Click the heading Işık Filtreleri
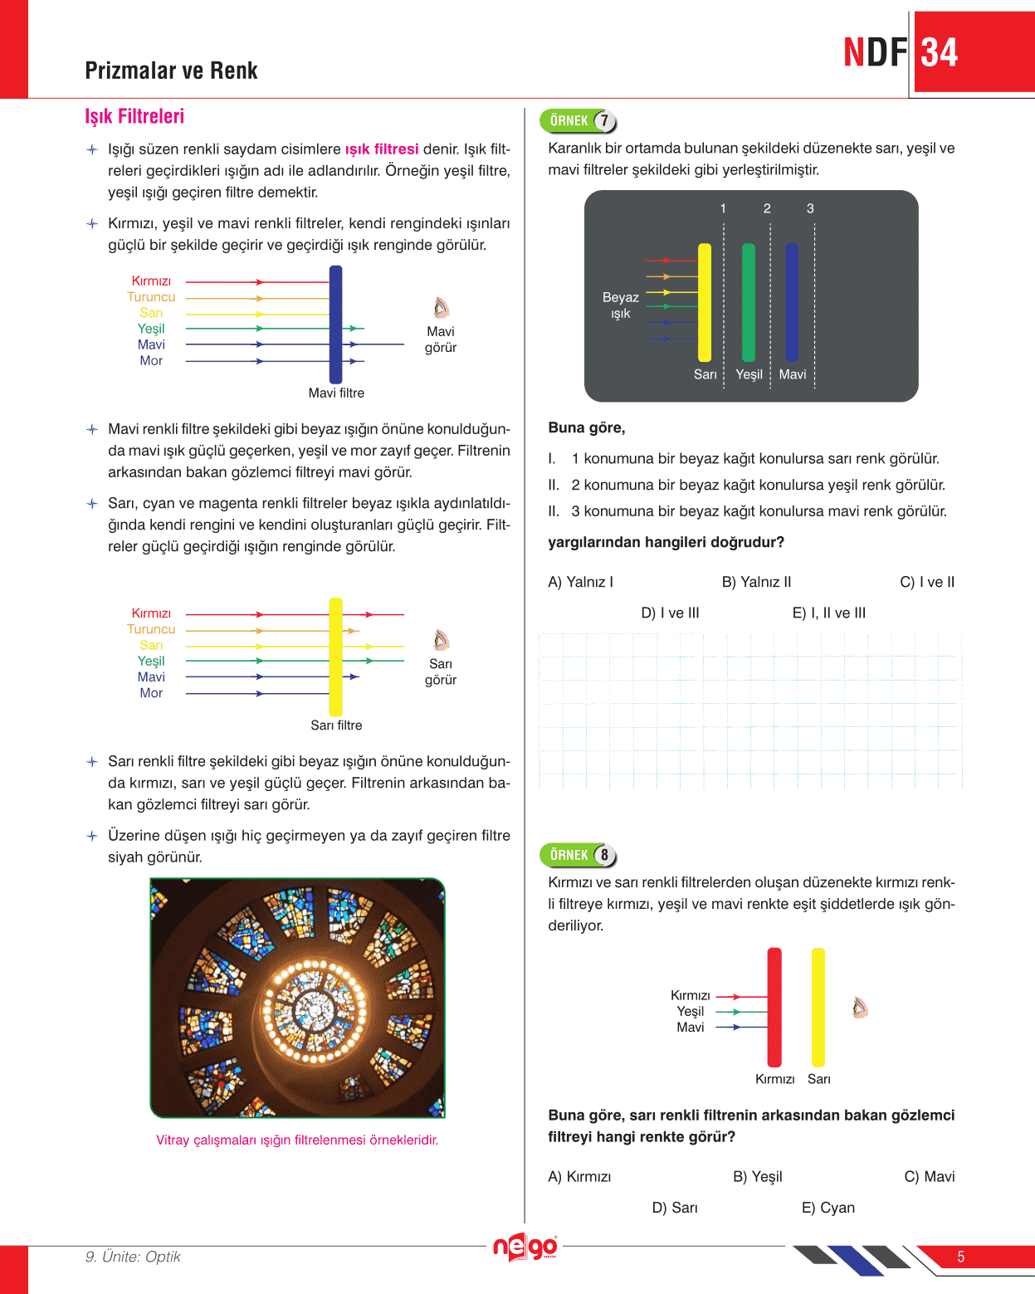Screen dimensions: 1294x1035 tap(134, 116)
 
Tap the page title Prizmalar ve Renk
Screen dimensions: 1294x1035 tap(171, 71)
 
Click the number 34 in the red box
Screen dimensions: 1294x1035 tap(940, 52)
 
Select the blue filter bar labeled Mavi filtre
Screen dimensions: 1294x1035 tap(335, 324)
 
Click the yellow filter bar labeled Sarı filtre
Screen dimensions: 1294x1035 tap(335, 656)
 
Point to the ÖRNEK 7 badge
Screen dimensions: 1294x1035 tap(579, 121)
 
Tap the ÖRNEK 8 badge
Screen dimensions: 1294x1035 tap(579, 855)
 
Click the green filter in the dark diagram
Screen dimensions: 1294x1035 tap(748, 302)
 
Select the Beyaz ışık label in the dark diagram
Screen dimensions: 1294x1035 tap(620, 305)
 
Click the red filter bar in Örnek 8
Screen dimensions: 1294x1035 tap(774, 1007)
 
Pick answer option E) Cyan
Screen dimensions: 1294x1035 tap(828, 1208)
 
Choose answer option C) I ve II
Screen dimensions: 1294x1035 tap(927, 582)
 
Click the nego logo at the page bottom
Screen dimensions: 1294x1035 tap(525, 1247)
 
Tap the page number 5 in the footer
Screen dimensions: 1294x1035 tap(960, 1257)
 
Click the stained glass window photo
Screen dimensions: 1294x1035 tap(297, 998)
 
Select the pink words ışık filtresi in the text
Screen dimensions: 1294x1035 tap(382, 149)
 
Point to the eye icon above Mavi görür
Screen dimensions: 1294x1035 tap(441, 308)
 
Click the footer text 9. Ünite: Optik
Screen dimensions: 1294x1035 tap(133, 1257)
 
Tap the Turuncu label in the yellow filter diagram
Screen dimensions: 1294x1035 tap(151, 629)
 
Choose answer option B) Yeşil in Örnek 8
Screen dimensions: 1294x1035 tap(757, 1176)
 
